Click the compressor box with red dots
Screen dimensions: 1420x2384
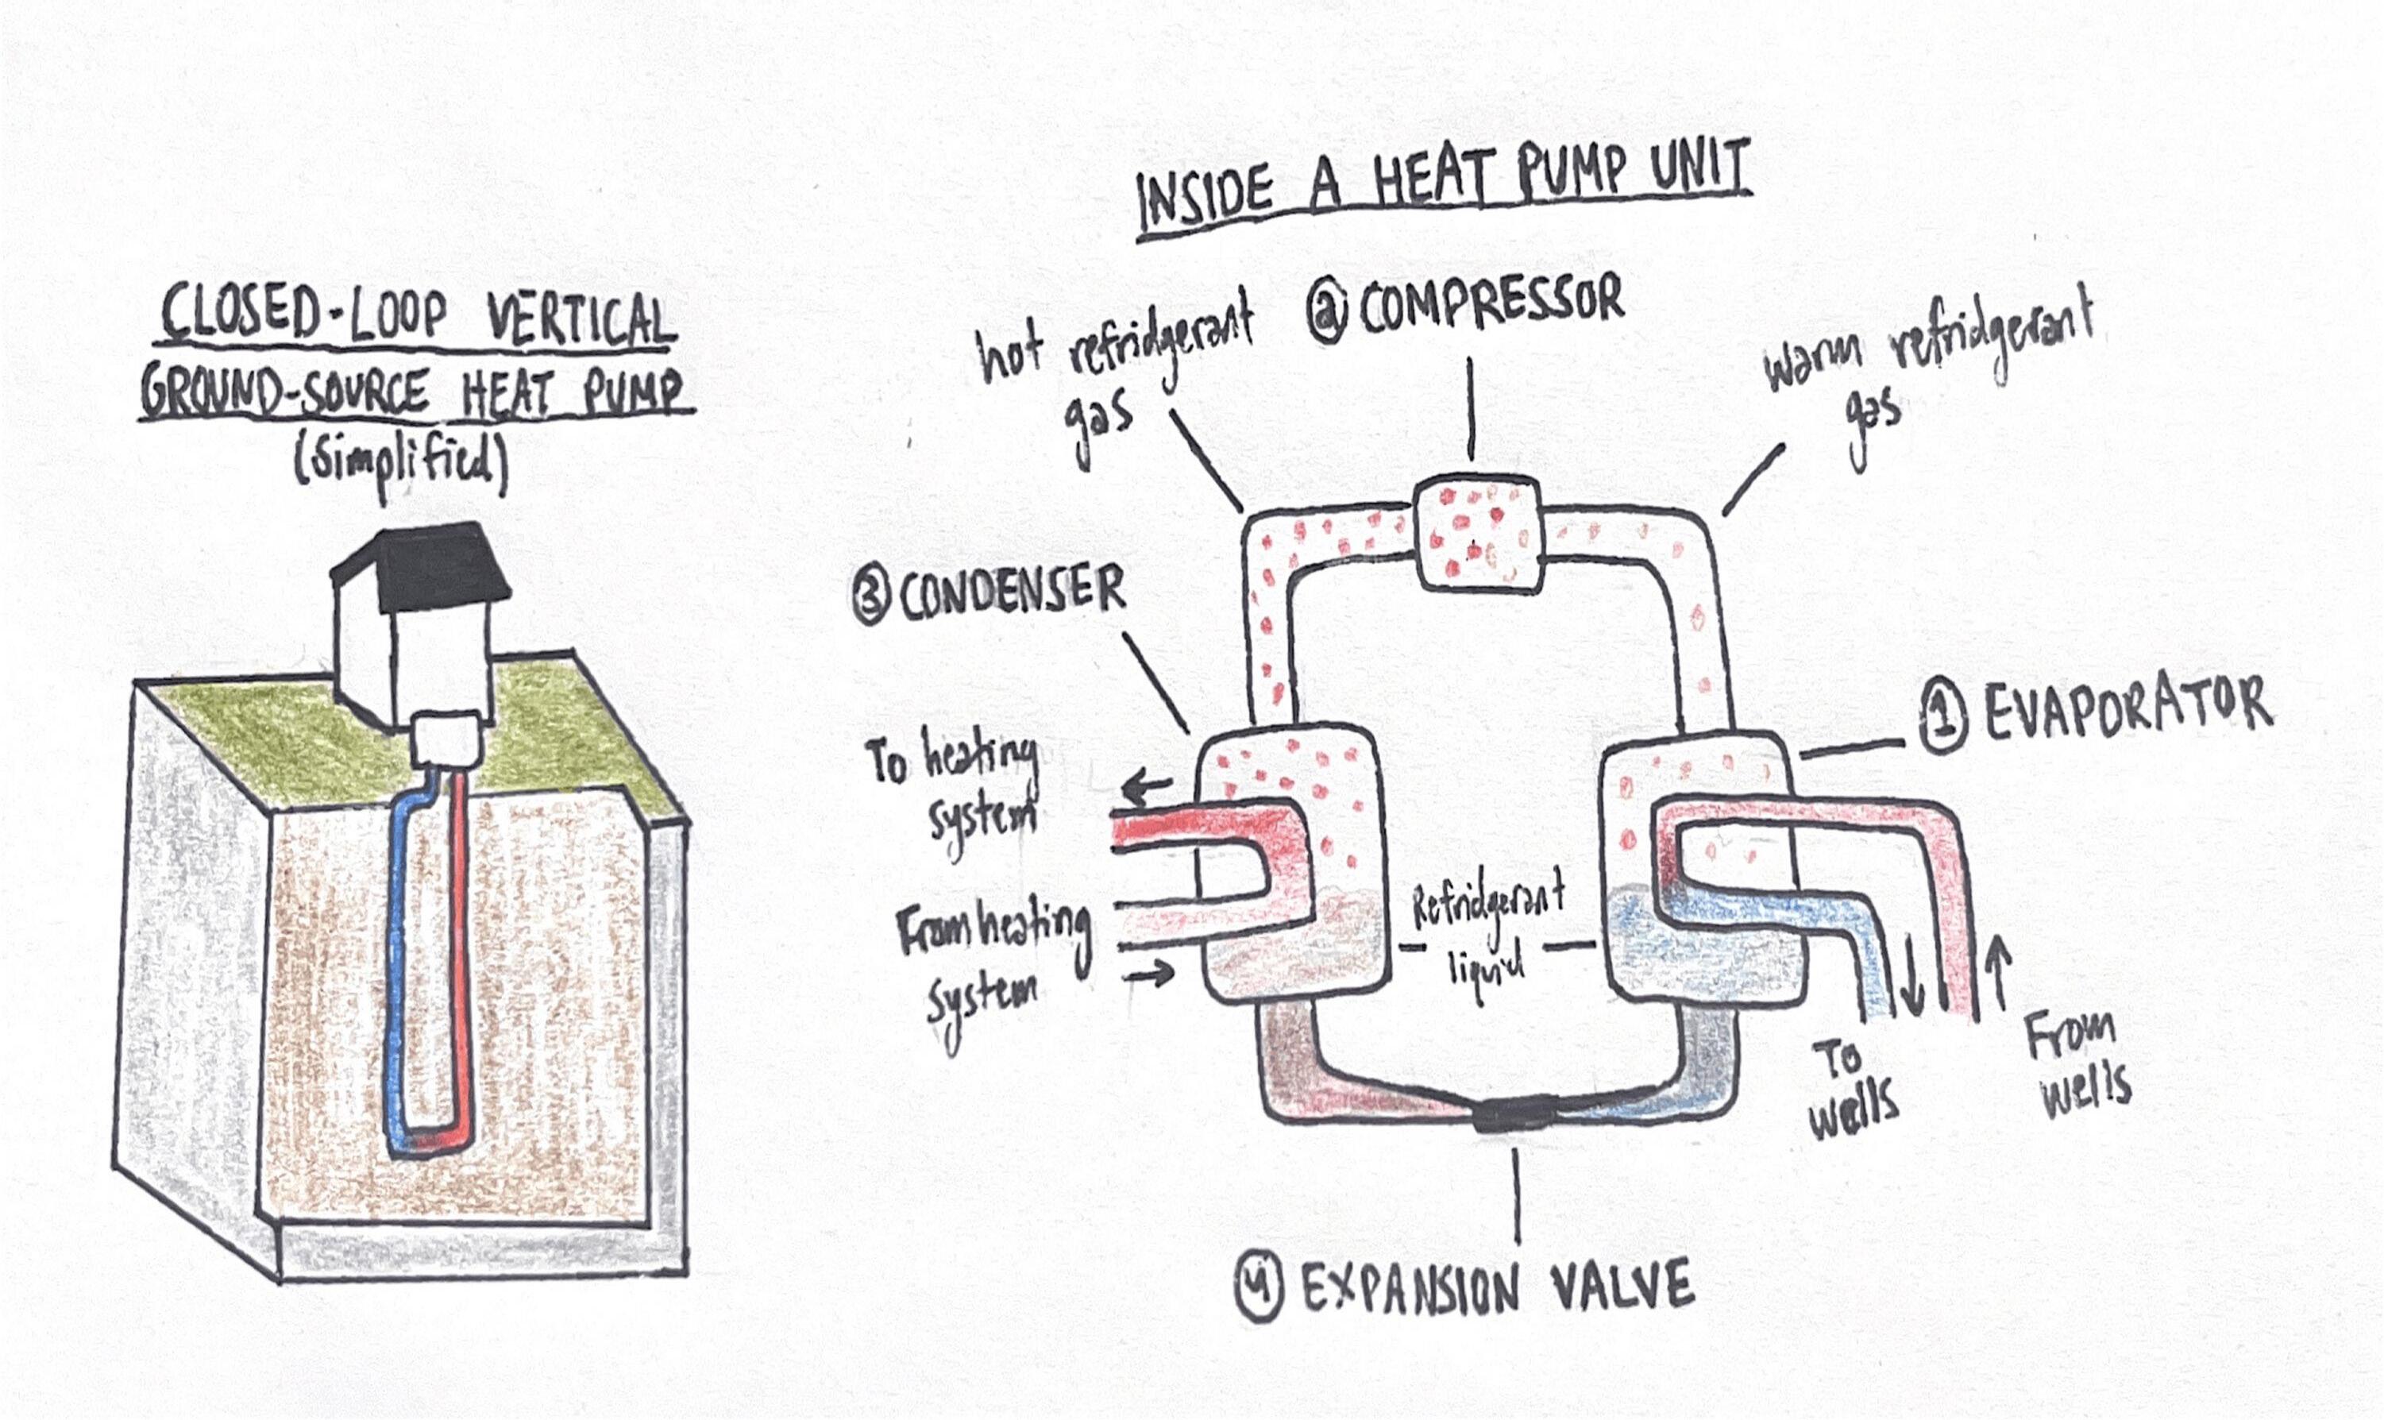coord(1478,538)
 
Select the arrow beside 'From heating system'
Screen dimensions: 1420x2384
coord(1148,975)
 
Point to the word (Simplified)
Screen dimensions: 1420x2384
coord(400,467)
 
